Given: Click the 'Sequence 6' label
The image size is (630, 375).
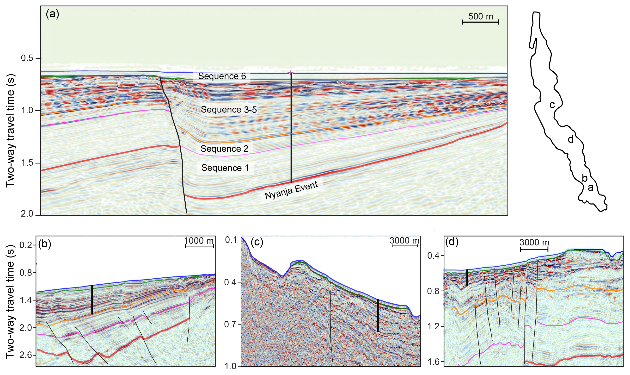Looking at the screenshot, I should pos(222,76).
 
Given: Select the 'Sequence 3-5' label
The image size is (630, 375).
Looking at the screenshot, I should pos(229,109).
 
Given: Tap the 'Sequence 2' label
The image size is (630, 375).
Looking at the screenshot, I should pos(224,149).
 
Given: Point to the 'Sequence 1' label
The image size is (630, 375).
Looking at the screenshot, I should pos(225,168).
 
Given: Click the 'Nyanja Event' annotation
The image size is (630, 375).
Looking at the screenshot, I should pos(291,190).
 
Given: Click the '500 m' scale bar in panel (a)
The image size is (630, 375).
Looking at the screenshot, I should pos(480,22).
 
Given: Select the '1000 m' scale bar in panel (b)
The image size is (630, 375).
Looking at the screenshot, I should pos(199,246).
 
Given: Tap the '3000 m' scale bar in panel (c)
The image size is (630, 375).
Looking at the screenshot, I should pos(405,245).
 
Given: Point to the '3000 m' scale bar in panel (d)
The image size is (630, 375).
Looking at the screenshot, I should pos(534,249).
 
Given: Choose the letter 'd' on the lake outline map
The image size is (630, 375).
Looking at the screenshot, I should pos(571,139).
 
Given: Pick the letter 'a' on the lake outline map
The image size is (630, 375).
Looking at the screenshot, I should pos(591,188).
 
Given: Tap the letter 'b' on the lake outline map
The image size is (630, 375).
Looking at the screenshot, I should pos(585,178).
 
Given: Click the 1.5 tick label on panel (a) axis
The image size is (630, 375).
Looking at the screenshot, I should pos(27,163).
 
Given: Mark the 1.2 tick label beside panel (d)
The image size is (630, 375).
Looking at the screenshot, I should pos(434,326).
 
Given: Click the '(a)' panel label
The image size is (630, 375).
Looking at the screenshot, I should pos(52,14).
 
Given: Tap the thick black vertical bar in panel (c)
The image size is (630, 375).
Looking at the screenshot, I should pos(378,316).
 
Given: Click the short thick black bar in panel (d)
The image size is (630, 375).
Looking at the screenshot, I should pos(467,277).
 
